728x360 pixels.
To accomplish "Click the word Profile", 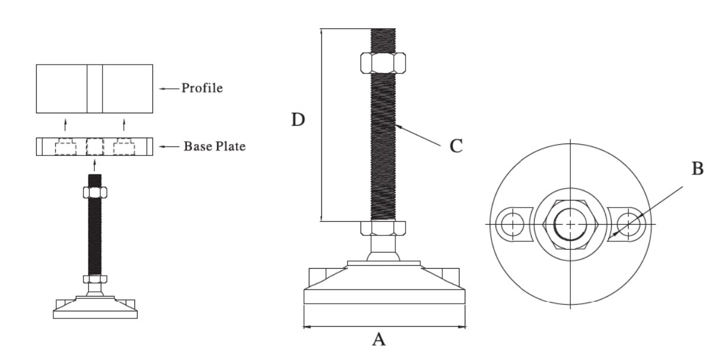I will pyautogui.click(x=202, y=88).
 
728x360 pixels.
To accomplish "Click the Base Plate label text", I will pyautogui.click(x=214, y=146).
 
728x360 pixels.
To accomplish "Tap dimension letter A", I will pyautogui.click(x=379, y=340).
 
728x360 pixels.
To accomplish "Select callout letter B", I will pyautogui.click(x=698, y=169).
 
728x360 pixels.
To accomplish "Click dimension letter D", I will pyautogui.click(x=298, y=120).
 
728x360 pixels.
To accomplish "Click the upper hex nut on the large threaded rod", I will pyautogui.click(x=383, y=62).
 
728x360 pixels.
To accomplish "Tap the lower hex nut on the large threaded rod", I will pyautogui.click(x=383, y=228).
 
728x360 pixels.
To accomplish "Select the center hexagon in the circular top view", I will pyautogui.click(x=570, y=224).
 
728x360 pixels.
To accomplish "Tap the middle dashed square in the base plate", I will pyautogui.click(x=95, y=146).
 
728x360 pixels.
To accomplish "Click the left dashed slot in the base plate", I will pyautogui.click(x=66, y=146).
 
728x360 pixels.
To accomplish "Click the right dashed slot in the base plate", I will pyautogui.click(x=124, y=146).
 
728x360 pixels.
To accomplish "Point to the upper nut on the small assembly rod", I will pyautogui.click(x=95, y=192).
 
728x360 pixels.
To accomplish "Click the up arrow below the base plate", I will pyautogui.click(x=95, y=164).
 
